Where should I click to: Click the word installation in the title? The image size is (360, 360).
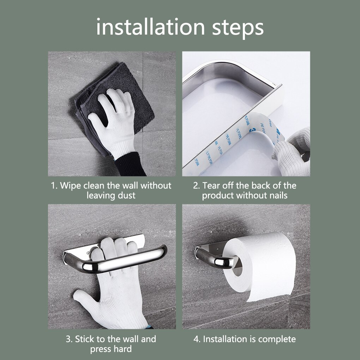click(150, 28)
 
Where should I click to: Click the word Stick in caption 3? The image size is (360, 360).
click(85, 340)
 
